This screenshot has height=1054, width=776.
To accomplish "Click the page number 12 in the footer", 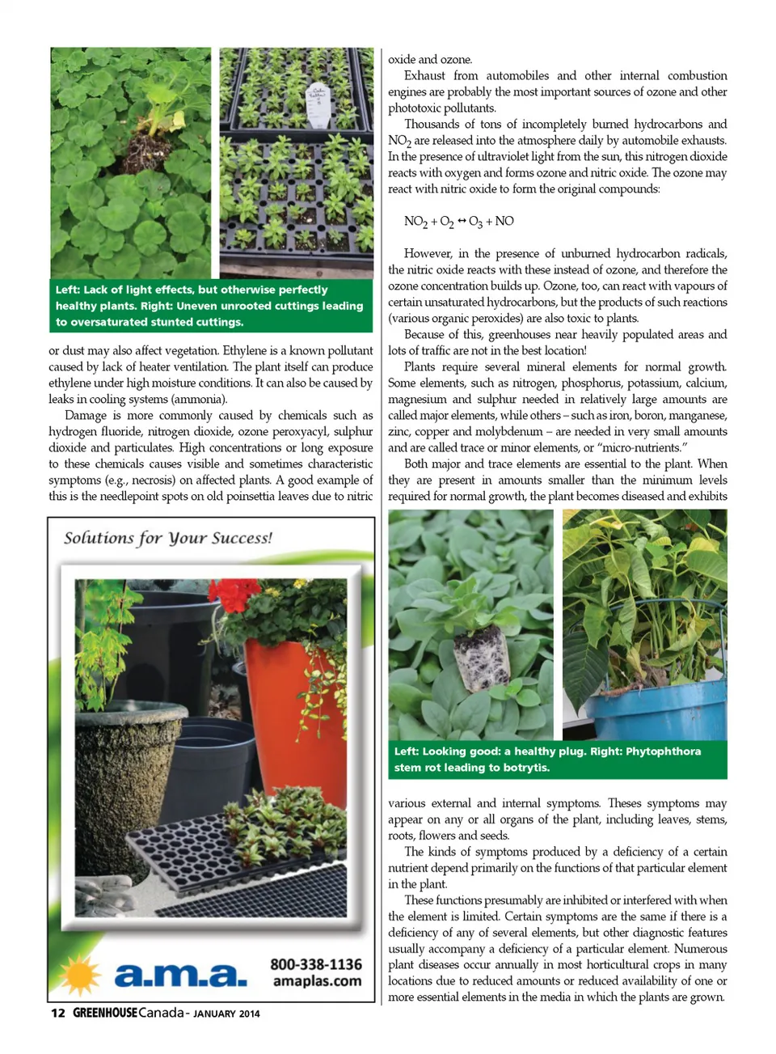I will point(57,1013).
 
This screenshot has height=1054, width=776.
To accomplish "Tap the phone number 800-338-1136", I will point(315,964).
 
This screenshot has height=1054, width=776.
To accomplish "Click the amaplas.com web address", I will point(317,981).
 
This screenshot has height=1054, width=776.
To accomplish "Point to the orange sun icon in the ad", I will point(81,974).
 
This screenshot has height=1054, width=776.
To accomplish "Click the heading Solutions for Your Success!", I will point(168,538).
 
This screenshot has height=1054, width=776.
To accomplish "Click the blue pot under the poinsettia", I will point(655,712).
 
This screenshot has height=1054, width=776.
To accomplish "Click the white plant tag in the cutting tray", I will point(318,106).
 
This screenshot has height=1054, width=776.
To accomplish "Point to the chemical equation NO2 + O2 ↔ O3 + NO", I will point(458,221).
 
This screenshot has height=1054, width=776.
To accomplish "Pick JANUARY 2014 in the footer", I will point(226,1014).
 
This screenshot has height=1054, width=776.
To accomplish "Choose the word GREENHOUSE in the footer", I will point(104,1013).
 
